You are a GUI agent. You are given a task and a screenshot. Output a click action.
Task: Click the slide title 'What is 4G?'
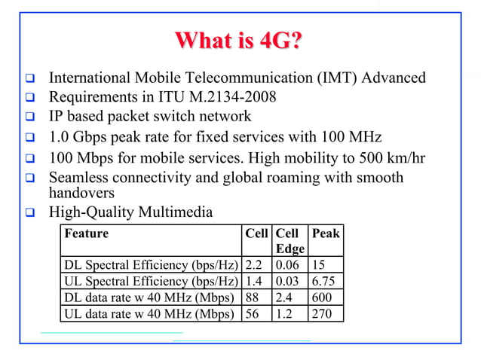tap(240, 41)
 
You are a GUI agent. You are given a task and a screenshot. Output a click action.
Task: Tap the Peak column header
tap(326, 233)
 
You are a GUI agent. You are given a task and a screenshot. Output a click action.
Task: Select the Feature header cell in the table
tap(87, 233)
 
